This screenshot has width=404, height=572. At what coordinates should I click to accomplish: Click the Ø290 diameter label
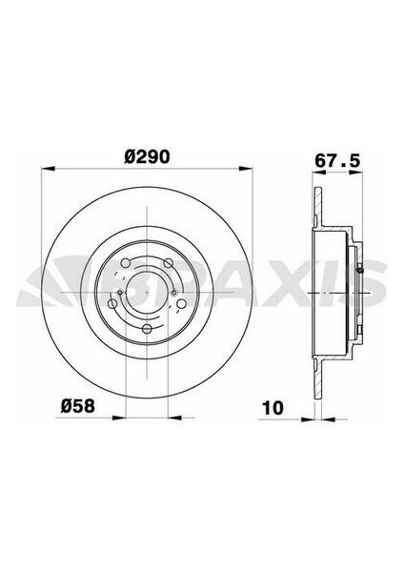(x=148, y=157)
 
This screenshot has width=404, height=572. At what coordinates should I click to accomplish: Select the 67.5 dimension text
(x=337, y=161)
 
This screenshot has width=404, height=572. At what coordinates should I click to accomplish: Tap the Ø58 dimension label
(x=78, y=406)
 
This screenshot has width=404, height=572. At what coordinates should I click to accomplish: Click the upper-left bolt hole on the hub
(x=125, y=263)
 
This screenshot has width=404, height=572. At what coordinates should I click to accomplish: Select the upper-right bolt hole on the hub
(x=168, y=263)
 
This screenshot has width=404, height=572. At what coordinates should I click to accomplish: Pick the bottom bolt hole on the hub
(x=147, y=329)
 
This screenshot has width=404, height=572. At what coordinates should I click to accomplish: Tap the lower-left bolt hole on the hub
(x=112, y=303)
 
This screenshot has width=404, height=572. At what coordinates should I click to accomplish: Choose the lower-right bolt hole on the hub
(x=181, y=303)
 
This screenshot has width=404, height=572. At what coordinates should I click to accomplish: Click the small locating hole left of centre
(x=120, y=293)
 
